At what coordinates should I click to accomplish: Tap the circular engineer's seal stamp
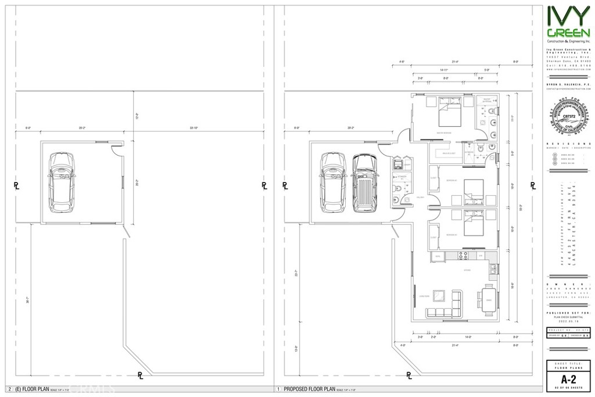[569, 119]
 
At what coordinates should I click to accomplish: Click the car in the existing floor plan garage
[61, 182]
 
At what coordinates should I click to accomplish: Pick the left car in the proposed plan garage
[334, 182]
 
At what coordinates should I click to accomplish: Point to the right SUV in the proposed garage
[364, 183]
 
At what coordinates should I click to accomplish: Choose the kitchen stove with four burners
[465, 255]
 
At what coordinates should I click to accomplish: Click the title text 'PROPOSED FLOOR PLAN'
[310, 389]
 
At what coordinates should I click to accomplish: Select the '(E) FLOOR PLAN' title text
[27, 389]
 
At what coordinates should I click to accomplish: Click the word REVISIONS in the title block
[569, 143]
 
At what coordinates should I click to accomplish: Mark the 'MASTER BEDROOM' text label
[445, 133]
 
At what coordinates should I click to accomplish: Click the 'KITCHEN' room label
[465, 270]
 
